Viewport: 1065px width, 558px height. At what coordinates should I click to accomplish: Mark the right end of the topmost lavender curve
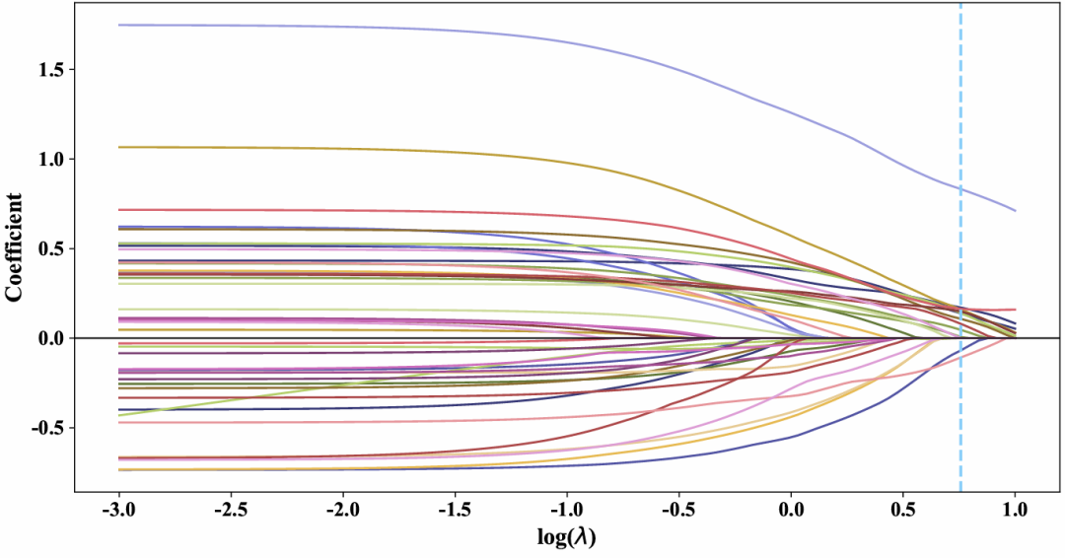pos(1015,210)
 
